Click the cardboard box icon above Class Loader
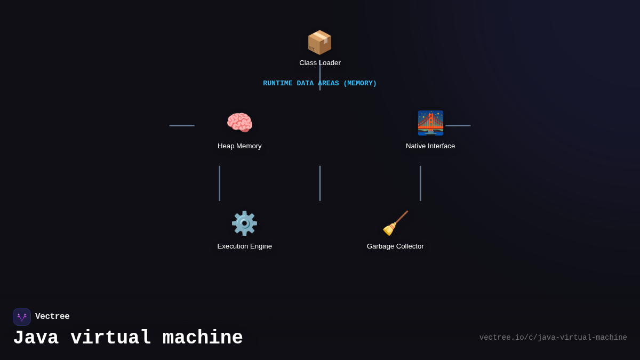tap(319, 42)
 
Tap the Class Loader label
tap(320, 63)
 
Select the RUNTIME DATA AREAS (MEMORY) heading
tap(319, 84)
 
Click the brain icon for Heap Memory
tap(239, 123)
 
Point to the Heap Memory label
tap(239, 146)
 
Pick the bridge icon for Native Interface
tap(430, 123)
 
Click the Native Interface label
tap(430, 146)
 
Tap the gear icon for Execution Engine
tap(244, 223)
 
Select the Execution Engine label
tap(244, 246)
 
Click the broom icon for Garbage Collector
tap(395, 223)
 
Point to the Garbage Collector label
tap(395, 246)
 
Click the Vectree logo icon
tap(22, 317)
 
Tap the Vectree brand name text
tap(52, 317)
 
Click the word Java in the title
tap(36, 338)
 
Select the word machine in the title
tap(203, 338)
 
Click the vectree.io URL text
tap(553, 338)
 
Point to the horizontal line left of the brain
tap(182, 125)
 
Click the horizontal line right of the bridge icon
tap(458, 125)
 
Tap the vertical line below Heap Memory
tap(219, 183)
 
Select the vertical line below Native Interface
tap(420, 183)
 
